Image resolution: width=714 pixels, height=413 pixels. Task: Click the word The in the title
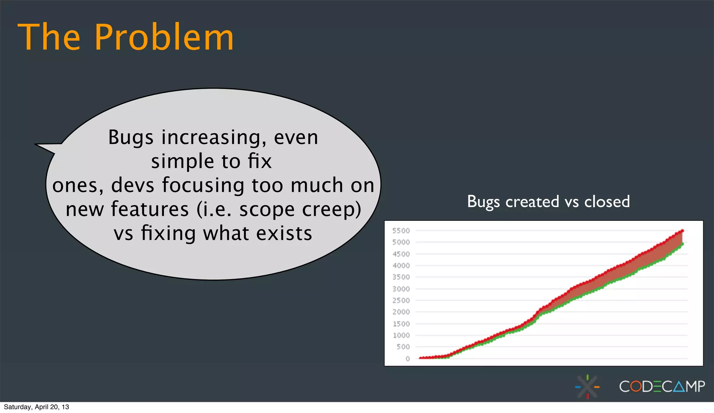pyautogui.click(x=49, y=37)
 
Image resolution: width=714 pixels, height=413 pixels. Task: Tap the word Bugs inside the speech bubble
pyautogui.click(x=131, y=138)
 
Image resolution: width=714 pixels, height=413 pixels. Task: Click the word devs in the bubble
pyautogui.click(x=132, y=185)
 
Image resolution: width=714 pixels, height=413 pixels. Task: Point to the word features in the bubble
pyautogui.click(x=150, y=209)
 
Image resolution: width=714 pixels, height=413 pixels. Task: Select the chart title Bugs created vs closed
pyautogui.click(x=548, y=202)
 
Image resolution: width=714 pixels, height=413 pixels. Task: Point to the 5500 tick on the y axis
pyautogui.click(x=401, y=231)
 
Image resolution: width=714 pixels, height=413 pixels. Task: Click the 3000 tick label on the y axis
pyautogui.click(x=401, y=289)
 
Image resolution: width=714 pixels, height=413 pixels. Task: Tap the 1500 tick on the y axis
pyautogui.click(x=401, y=324)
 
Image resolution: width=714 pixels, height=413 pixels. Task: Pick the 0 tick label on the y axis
pyautogui.click(x=407, y=359)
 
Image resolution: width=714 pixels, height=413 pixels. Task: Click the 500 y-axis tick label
pyautogui.click(x=403, y=347)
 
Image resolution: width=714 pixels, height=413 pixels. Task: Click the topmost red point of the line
pyautogui.click(x=683, y=231)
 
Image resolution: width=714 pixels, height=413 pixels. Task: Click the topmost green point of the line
pyautogui.click(x=682, y=244)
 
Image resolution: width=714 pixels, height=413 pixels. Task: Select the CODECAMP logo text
pyautogui.click(x=662, y=386)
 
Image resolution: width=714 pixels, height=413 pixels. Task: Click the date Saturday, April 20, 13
pyautogui.click(x=36, y=407)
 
